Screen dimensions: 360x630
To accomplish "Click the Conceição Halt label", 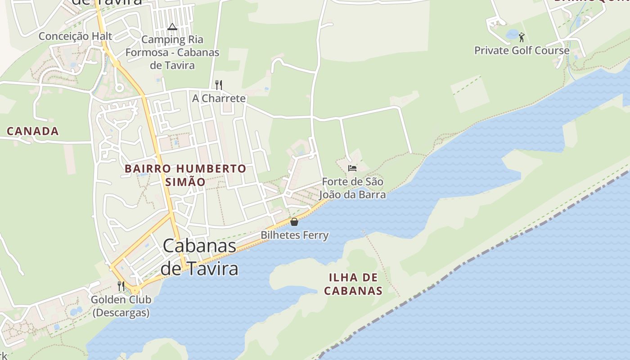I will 75,36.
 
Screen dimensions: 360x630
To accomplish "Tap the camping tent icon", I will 172,27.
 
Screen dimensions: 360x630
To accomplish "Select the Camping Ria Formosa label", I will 172,52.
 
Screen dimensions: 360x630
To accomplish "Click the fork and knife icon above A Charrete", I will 219,85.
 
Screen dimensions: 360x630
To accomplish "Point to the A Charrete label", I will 219,98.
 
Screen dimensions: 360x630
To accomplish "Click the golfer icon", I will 522,37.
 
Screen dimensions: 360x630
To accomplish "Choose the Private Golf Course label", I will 522,50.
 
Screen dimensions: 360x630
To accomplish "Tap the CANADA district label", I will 33,131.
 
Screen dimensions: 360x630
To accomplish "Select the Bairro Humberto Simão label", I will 185,175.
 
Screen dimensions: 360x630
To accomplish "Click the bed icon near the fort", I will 352,168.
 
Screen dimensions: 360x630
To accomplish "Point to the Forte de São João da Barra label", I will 352,188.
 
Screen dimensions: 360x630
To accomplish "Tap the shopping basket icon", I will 294,222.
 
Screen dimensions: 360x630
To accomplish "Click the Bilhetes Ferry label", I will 295,235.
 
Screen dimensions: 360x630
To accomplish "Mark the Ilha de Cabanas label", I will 353,283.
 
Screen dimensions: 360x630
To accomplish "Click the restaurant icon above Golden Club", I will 121,286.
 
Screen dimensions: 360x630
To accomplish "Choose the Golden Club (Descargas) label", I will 121,306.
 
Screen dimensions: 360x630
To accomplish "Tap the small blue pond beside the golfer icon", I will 512,34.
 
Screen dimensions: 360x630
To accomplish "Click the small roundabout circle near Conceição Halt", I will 119,87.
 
